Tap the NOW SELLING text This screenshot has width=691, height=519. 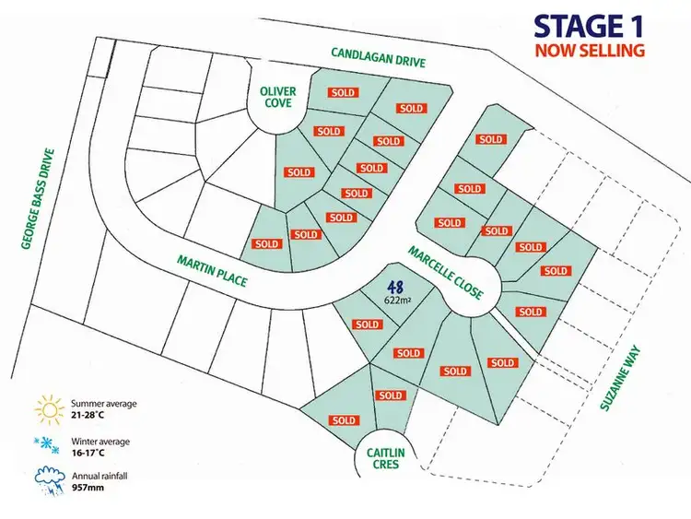[x=590, y=50]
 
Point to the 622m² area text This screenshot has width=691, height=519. [x=398, y=301]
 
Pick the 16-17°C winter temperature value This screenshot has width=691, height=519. [x=88, y=453]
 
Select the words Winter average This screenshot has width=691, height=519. [x=100, y=441]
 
